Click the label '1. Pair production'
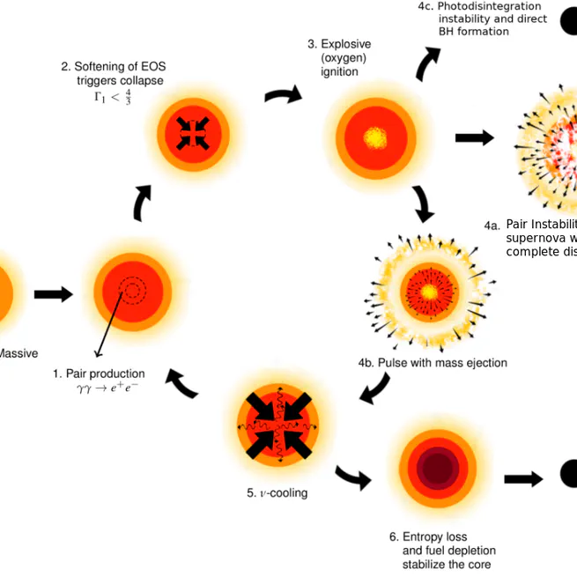coord(99,374)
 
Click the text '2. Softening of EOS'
coord(112,66)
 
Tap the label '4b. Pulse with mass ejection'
coord(432,363)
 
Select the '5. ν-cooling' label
coord(277,493)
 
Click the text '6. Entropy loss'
coord(428,536)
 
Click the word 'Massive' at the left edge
coord(18,353)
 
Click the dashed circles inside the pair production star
coord(134,291)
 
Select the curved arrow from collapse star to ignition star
coord(282,94)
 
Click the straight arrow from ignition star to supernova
coord(474,137)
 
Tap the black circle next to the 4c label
coord(569,19)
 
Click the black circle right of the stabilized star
coord(569,474)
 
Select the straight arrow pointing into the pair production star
coord(53,294)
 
